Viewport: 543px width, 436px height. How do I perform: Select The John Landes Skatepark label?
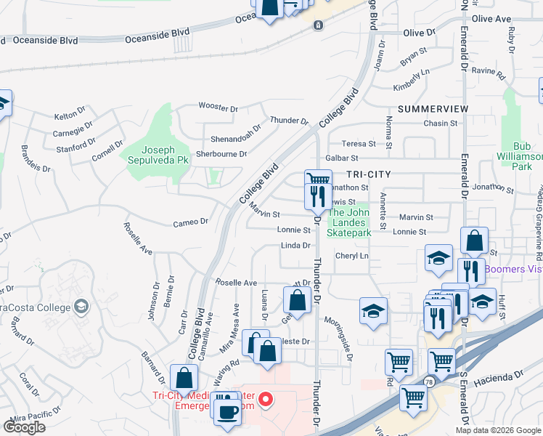pyautogui.click(x=351, y=222)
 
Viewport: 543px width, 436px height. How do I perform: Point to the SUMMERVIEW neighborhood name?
pyautogui.click(x=433, y=108)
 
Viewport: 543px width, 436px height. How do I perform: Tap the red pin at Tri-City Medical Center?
pyautogui.click(x=266, y=399)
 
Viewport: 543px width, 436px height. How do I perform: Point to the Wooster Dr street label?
pyautogui.click(x=219, y=109)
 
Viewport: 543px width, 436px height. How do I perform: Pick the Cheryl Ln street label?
pyautogui.click(x=352, y=256)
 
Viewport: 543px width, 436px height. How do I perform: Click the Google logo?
pyautogui.click(x=24, y=427)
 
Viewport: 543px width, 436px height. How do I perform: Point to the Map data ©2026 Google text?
pyautogui.click(x=497, y=430)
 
